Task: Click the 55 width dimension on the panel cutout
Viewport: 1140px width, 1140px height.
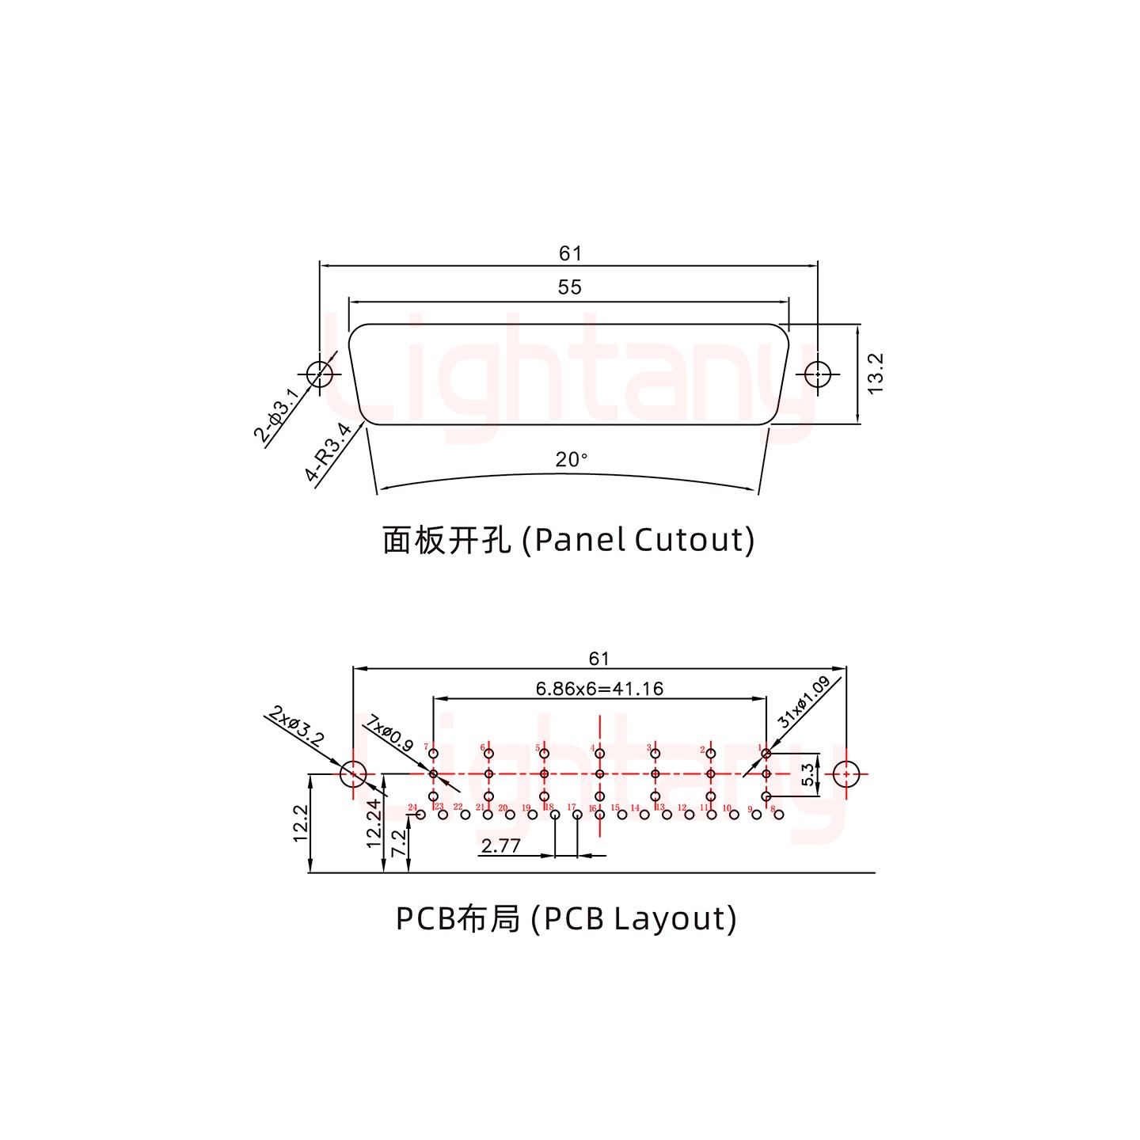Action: (569, 287)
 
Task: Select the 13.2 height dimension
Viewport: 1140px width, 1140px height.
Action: (876, 374)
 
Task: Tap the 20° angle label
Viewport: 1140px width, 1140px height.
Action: (571, 459)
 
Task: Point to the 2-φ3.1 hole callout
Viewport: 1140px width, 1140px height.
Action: (277, 416)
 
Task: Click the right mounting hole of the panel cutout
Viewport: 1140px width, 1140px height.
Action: (817, 374)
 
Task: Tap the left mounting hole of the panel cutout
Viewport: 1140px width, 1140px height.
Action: (320, 374)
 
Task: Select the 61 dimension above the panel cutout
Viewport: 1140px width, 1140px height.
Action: (569, 253)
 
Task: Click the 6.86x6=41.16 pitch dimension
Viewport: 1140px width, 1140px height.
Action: (599, 689)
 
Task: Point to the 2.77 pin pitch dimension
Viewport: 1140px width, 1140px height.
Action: (501, 846)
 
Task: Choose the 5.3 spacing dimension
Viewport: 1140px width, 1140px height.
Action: (807, 774)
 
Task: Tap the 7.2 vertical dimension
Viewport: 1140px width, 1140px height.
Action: (401, 842)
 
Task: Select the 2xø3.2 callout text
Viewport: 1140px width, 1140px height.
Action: (296, 727)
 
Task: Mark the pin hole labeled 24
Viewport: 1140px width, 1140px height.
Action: (420, 815)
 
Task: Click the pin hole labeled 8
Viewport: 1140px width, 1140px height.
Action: (779, 815)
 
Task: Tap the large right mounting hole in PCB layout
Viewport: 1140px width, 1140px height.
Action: (846, 774)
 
